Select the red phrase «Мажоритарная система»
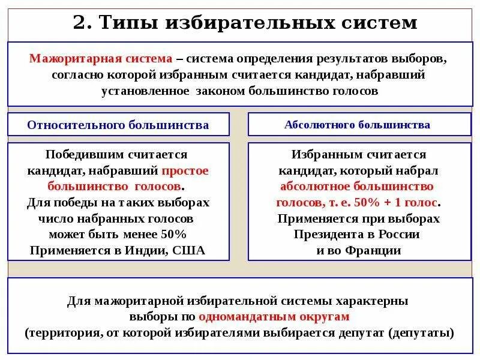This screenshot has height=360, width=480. click(101, 59)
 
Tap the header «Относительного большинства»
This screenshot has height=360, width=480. click(118, 125)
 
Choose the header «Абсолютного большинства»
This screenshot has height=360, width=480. click(358, 125)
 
